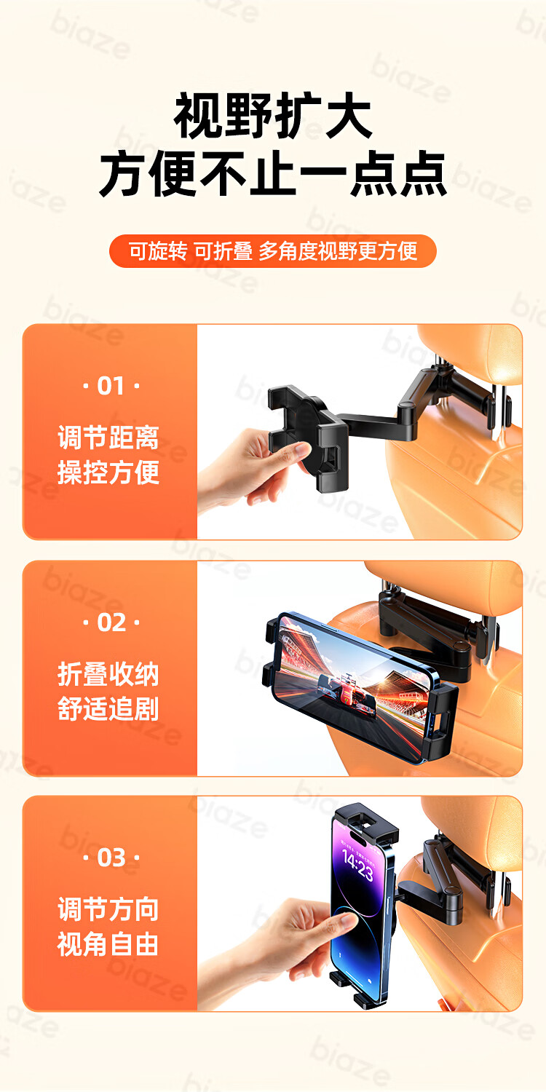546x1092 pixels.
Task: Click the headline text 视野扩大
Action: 273,116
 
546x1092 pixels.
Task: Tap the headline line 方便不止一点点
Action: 273,174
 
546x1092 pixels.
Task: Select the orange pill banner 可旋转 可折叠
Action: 272,251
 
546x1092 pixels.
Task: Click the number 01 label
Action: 111,386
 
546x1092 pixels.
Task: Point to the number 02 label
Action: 111,622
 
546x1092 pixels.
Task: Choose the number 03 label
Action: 111,858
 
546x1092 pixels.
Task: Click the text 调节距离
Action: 108,438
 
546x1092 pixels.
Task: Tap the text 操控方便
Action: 108,472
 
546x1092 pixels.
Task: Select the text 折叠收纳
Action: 108,674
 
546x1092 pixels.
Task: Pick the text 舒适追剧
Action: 108,709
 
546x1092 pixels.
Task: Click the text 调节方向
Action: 108,909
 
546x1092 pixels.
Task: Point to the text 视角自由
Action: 108,944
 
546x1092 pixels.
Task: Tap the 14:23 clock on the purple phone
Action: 357,863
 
